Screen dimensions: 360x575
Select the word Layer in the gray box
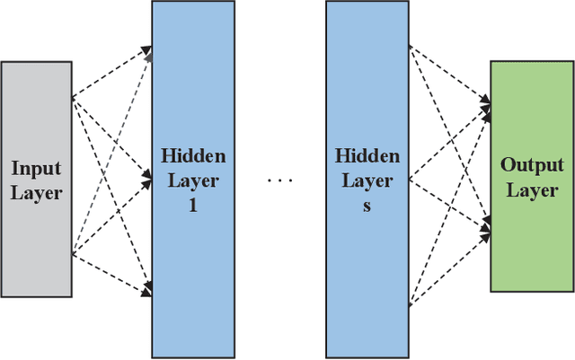[36, 192]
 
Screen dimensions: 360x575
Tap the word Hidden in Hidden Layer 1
[193, 156]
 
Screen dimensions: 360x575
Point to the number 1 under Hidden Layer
[193, 205]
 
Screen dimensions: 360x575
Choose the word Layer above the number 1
[193, 180]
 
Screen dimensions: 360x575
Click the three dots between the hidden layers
[280, 180]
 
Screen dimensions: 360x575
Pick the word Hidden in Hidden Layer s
[367, 156]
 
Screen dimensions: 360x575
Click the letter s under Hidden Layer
[367, 205]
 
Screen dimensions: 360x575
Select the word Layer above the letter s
[367, 180]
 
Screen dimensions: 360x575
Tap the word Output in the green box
[532, 165]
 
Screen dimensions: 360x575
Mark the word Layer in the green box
[532, 189]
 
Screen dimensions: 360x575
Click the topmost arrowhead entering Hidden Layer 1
[148, 48]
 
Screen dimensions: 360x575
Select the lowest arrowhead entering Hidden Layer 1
[148, 291]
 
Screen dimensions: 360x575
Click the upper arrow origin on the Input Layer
[72, 97]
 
